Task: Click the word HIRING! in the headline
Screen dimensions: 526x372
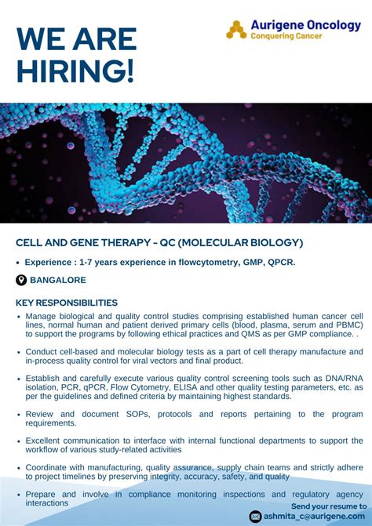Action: [75, 71]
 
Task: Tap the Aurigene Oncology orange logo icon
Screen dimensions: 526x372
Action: [236, 30]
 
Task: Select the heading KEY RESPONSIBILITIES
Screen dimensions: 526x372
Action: [67, 303]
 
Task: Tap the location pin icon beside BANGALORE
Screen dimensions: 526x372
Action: [21, 280]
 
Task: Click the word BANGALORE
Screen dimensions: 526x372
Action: [58, 280]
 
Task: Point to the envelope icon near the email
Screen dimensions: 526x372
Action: [256, 516]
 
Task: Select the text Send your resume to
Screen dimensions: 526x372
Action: [328, 506]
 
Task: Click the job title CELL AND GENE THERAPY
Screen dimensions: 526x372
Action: [82, 243]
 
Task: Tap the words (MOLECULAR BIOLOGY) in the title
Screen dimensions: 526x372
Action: [240, 243]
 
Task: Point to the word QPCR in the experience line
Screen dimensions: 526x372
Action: [279, 262]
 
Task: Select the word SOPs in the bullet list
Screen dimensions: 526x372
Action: [140, 414]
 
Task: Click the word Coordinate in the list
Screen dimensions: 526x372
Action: [49, 467]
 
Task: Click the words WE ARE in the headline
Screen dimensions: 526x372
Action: [76, 39]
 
